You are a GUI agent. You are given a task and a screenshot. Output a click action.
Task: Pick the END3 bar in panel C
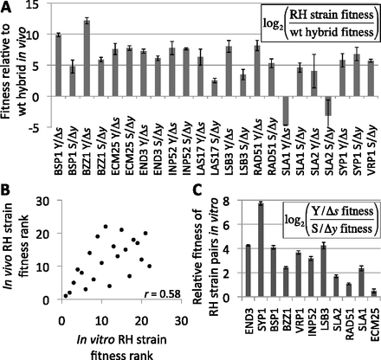pos(247,270)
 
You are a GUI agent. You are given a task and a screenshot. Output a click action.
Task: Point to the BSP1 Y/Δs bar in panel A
pos(58,64)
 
